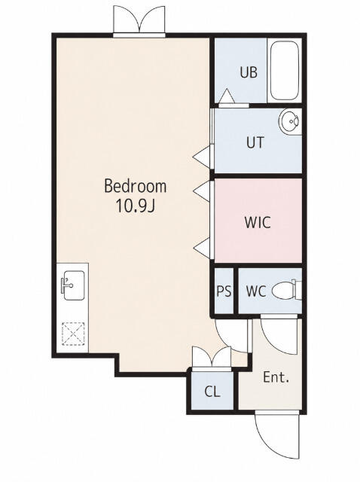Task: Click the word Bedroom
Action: tap(136, 186)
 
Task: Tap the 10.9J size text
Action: tap(135, 206)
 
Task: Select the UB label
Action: tap(249, 72)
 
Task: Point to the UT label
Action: tap(255, 142)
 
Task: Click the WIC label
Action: tap(258, 222)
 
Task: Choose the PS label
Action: tap(224, 291)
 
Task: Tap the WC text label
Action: tap(256, 291)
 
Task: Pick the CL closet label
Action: tap(212, 392)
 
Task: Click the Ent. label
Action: tap(276, 377)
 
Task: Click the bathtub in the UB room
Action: tap(285, 70)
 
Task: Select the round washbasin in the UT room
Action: tap(289, 121)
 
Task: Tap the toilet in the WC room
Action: tap(286, 290)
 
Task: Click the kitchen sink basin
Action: tap(73, 285)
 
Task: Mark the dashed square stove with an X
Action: tap(73, 333)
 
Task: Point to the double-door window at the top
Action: tap(139, 20)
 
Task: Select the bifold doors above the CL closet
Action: tap(212, 358)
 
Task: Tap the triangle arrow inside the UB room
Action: tap(227, 96)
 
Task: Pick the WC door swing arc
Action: tap(279, 336)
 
